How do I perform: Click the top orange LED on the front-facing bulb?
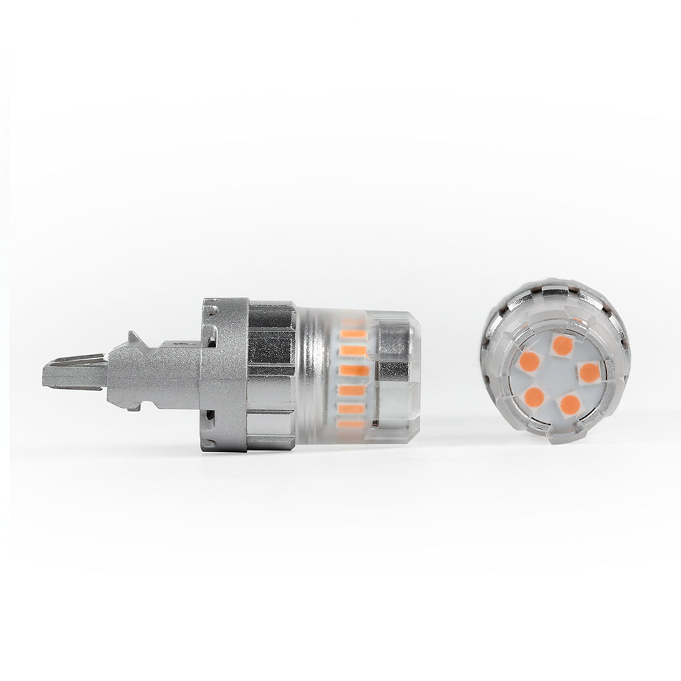tap(563, 345)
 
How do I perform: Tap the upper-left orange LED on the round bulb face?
tap(529, 362)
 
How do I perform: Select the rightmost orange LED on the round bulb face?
tap(589, 372)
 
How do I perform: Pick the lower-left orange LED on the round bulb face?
tap(535, 397)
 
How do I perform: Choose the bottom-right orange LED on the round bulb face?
tap(569, 405)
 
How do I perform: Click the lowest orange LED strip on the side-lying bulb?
tap(352, 424)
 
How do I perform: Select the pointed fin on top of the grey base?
tap(133, 338)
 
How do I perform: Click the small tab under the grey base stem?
tap(132, 406)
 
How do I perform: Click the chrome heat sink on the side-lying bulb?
tap(271, 375)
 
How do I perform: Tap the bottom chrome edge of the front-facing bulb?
tap(555, 436)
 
